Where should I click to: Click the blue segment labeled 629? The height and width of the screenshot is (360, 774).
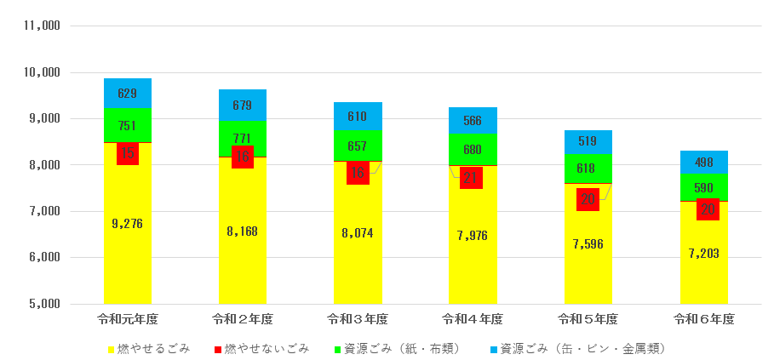[128, 94]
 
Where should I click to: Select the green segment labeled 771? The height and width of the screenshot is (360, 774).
[243, 138]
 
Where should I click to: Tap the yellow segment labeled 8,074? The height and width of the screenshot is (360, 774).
[358, 232]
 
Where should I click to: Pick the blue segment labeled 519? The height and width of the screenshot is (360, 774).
[588, 142]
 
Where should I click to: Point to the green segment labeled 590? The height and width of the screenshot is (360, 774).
[703, 187]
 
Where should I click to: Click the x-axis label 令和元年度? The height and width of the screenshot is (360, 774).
[128, 319]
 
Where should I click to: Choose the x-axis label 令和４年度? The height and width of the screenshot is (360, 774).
[472, 319]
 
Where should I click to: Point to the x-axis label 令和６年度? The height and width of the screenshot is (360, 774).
[703, 319]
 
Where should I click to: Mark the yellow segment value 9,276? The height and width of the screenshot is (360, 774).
[128, 224]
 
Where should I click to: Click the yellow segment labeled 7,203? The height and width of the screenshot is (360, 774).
[703, 253]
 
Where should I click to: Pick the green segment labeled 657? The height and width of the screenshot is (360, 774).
[358, 146]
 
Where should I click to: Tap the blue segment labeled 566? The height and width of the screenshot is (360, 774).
[472, 121]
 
